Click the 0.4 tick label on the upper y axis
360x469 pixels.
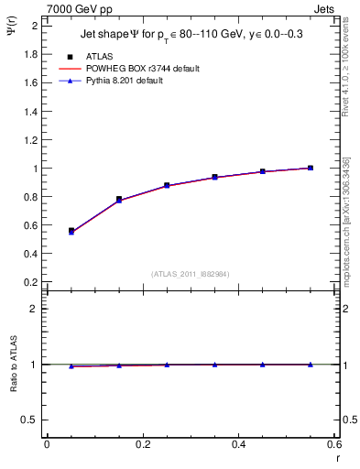point(30,254)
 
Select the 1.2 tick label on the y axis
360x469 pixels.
point(30,140)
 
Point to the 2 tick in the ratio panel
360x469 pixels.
point(34,309)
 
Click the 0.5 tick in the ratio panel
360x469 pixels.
point(30,420)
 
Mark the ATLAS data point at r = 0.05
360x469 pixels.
point(71,231)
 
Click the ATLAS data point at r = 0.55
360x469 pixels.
point(311,168)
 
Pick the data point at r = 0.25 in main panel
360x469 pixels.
point(167,185)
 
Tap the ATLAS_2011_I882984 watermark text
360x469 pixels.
point(190,273)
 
